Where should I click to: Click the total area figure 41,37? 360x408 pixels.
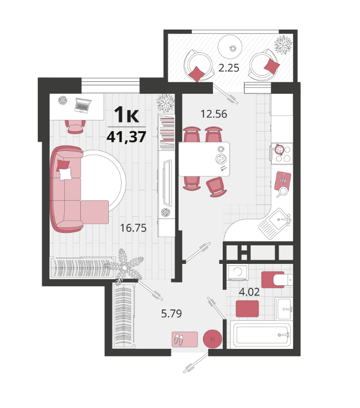126,137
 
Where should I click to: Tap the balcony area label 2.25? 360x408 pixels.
229,68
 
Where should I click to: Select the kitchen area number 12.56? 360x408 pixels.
213,114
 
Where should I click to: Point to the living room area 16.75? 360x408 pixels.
133,228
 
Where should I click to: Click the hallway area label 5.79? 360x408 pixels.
171,314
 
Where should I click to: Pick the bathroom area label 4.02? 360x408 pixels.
249,292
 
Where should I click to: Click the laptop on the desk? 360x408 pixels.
83,105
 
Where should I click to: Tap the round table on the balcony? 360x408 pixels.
230,47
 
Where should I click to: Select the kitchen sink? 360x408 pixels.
276,223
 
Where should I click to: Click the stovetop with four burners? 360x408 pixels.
282,153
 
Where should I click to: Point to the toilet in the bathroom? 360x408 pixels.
277,280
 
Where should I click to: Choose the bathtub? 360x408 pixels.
262,334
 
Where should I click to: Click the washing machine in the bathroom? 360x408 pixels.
238,273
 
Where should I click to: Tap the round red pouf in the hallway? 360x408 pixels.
212,339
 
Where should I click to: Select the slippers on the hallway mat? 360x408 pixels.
179,340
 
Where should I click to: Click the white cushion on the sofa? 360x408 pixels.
65,174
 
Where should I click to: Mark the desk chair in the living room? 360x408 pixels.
75,126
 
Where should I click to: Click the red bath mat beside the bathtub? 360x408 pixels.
247,309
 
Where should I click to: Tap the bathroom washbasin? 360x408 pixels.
284,309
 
